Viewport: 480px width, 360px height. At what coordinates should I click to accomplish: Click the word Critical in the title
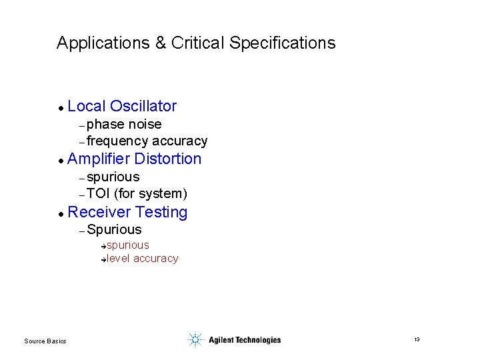click(198, 43)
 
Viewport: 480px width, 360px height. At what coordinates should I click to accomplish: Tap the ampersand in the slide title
click(161, 43)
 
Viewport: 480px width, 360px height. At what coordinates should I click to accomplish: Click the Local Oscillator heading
click(122, 106)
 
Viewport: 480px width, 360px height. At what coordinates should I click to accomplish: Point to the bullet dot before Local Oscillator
click(60, 107)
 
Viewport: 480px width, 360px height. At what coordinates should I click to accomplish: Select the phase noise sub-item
click(124, 125)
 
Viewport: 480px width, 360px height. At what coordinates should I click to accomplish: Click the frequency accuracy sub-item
click(147, 141)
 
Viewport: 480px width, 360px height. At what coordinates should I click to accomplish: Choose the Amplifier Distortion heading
click(134, 159)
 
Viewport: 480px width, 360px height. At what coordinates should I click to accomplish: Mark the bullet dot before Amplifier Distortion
click(60, 161)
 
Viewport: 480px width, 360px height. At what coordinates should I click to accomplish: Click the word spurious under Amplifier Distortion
click(113, 177)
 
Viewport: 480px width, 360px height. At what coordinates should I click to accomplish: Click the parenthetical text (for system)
click(151, 194)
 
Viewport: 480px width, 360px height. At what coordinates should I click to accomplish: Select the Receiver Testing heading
click(127, 213)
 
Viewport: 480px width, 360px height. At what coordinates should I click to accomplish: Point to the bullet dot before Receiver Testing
click(60, 214)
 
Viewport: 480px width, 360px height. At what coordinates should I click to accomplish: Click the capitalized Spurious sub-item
click(114, 229)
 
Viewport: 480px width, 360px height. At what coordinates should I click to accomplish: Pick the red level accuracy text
click(142, 259)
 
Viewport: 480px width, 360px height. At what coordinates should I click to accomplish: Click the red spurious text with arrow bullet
click(127, 245)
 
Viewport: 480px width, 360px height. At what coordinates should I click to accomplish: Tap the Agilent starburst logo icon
click(195, 340)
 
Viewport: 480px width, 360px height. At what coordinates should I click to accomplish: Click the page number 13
click(417, 340)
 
